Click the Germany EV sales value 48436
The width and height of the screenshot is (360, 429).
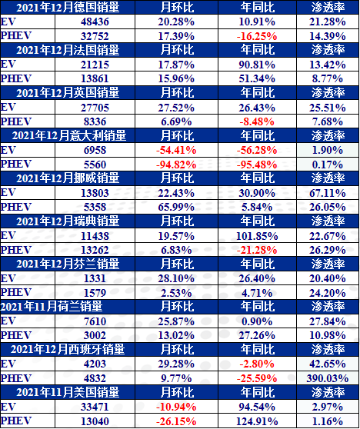[x=95, y=22]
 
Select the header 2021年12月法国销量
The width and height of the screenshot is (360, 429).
[x=68, y=50]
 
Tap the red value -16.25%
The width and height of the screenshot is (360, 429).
[x=257, y=36]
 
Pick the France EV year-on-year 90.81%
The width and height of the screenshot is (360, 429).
[x=257, y=65]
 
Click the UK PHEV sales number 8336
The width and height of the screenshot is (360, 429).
[x=95, y=121]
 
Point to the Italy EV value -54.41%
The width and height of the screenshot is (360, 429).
[x=176, y=150]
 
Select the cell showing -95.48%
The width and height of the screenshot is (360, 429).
[x=257, y=165]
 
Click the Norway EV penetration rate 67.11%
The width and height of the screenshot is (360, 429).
[x=328, y=193]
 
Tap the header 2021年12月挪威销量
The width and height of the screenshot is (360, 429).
[x=68, y=178]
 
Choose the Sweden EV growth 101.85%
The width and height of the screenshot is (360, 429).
[x=257, y=236]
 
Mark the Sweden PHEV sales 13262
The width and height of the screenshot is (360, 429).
[x=95, y=250]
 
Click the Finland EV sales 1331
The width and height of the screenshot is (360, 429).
[x=95, y=278]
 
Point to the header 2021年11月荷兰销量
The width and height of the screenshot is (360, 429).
[x=52, y=307]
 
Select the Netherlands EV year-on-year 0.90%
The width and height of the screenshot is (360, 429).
[x=257, y=321]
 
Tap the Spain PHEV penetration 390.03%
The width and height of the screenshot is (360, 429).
[x=328, y=378]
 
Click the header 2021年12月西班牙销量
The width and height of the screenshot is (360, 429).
[x=68, y=350]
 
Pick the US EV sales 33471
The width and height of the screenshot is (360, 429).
[x=95, y=407]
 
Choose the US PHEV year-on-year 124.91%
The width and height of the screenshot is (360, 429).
[x=257, y=421]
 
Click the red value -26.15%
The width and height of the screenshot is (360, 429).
[x=176, y=421]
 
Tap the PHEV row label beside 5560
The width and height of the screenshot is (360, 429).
[x=16, y=164]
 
